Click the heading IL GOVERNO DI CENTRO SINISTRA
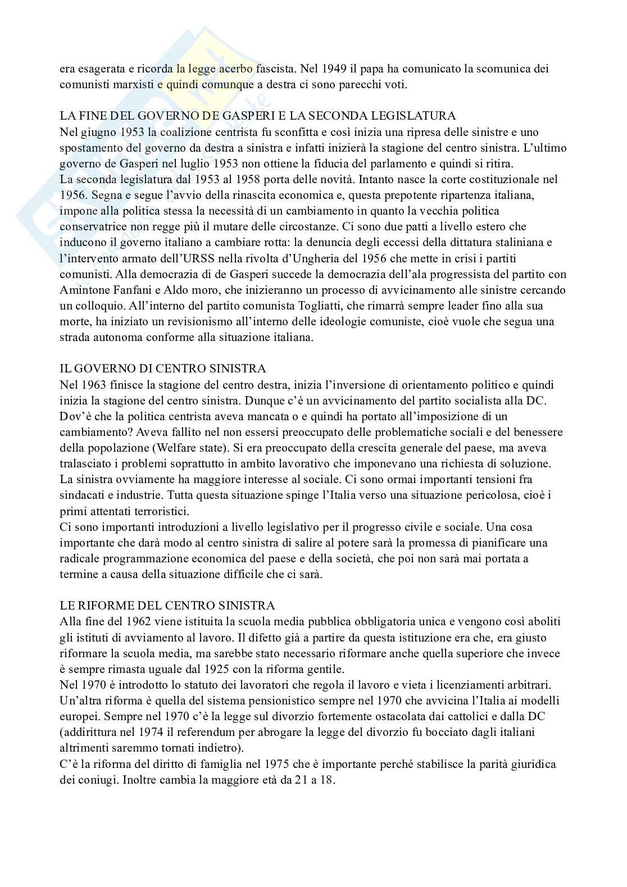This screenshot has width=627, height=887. coord(163,369)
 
